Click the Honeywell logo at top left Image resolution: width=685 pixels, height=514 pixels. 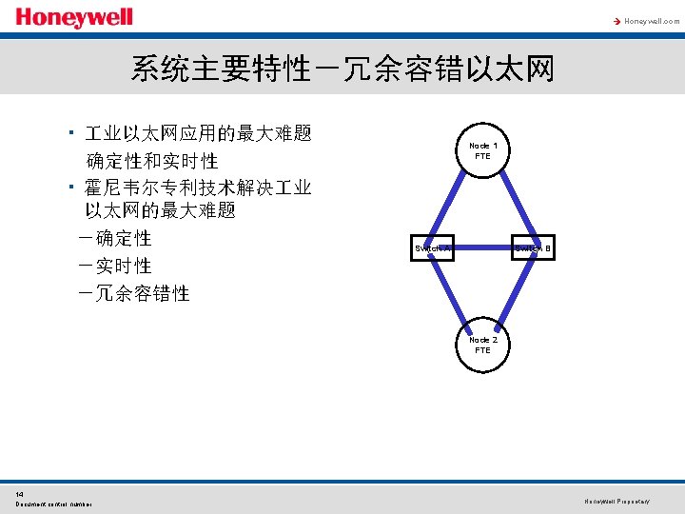(74, 18)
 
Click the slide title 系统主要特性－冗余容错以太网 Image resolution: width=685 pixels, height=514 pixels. (342, 69)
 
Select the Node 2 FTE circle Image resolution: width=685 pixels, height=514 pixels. (482, 344)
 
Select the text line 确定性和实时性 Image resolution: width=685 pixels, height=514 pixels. (152, 161)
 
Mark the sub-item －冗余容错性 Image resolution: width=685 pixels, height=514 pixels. (134, 293)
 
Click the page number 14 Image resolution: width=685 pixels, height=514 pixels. (20, 493)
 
